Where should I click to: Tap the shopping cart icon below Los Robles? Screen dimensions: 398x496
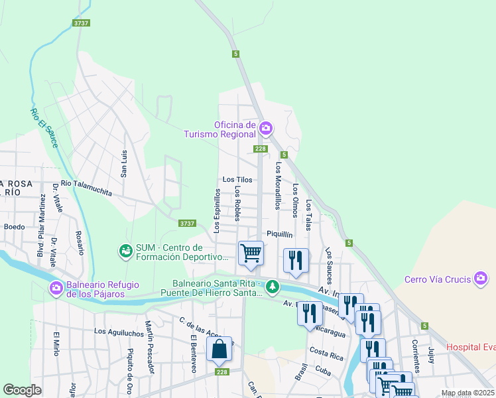point(251,253)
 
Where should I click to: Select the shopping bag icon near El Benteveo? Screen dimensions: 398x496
point(219,349)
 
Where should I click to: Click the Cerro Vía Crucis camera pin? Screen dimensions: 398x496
point(481,278)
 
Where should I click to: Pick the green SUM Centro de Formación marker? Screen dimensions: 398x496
point(125,251)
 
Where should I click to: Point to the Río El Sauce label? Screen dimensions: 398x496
point(43,127)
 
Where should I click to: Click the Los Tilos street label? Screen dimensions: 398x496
point(237,180)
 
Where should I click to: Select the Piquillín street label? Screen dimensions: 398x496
point(280,233)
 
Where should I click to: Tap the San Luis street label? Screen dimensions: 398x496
point(123,163)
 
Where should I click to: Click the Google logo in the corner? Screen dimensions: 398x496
point(23,390)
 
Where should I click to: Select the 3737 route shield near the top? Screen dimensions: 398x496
point(82,23)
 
